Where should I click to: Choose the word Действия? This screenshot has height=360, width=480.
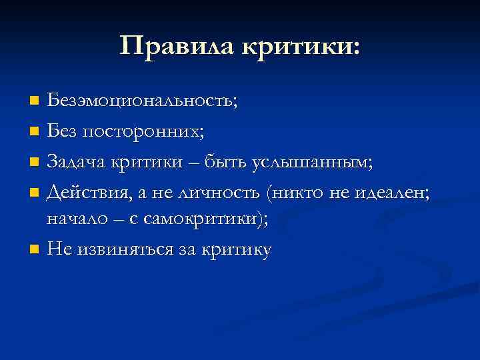[89, 193]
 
